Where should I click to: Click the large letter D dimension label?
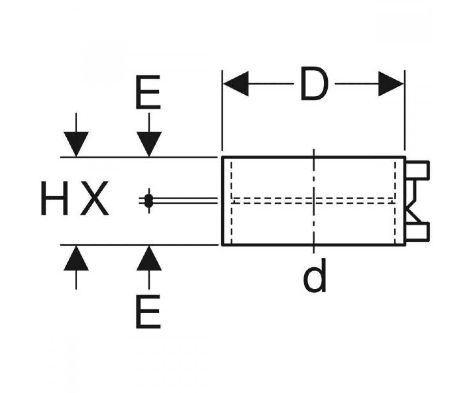(314, 84)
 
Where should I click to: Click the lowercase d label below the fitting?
(315, 275)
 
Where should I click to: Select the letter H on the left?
(55, 198)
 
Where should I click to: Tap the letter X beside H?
(95, 198)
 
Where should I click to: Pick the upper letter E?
(148, 92)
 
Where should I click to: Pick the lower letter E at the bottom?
(148, 312)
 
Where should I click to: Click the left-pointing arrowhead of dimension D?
(236, 84)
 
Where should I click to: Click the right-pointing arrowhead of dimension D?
(391, 84)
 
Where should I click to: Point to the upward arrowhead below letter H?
(76, 258)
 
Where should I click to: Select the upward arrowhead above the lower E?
(149, 258)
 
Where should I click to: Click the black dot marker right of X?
(149, 200)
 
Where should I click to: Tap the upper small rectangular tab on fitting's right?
(417, 170)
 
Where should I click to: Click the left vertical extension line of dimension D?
(223, 110)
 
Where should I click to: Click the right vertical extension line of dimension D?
(405, 110)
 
